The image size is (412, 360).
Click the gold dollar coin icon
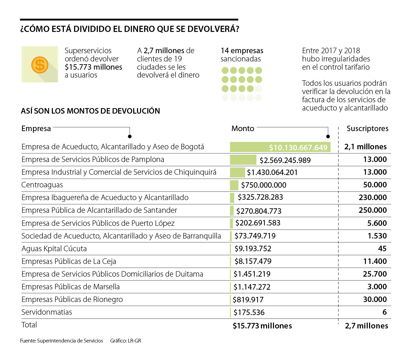tap(40, 65)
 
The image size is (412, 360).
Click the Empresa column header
tap(36, 129)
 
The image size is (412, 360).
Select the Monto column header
tap(243, 129)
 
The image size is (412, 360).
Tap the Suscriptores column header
tap(367, 129)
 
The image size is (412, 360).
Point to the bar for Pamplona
tap(243, 160)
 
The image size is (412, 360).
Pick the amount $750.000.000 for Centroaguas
tap(264, 185)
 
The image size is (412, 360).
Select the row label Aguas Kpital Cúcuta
tap(54, 249)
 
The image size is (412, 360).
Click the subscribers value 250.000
tap(373, 210)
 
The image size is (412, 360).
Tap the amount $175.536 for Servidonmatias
tap(249, 312)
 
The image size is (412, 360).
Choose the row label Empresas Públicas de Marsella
tap(70, 287)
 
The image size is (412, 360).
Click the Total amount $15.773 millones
tap(262, 326)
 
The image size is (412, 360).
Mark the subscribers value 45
tap(382, 249)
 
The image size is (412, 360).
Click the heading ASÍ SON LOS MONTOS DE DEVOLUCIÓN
tap(90, 111)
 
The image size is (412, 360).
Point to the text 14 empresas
tap(242, 51)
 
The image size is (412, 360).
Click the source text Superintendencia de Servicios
tap(70, 341)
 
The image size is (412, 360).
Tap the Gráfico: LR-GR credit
tap(126, 341)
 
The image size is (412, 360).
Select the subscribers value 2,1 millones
tap(365, 147)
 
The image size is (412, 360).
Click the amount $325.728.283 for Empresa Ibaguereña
tap(260, 198)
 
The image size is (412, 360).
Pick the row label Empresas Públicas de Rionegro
tap(72, 300)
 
